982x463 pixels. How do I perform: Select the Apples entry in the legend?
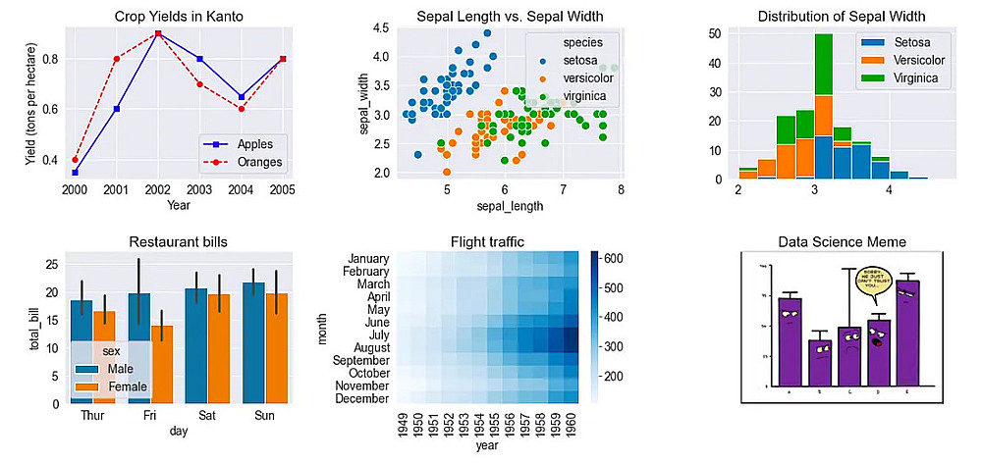point(235,143)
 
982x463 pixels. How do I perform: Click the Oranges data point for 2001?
point(116,59)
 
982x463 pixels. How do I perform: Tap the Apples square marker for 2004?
point(242,96)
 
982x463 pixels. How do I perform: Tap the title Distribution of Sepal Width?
point(841,16)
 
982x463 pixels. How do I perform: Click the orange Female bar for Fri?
point(161,364)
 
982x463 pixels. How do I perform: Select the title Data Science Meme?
point(842,241)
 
